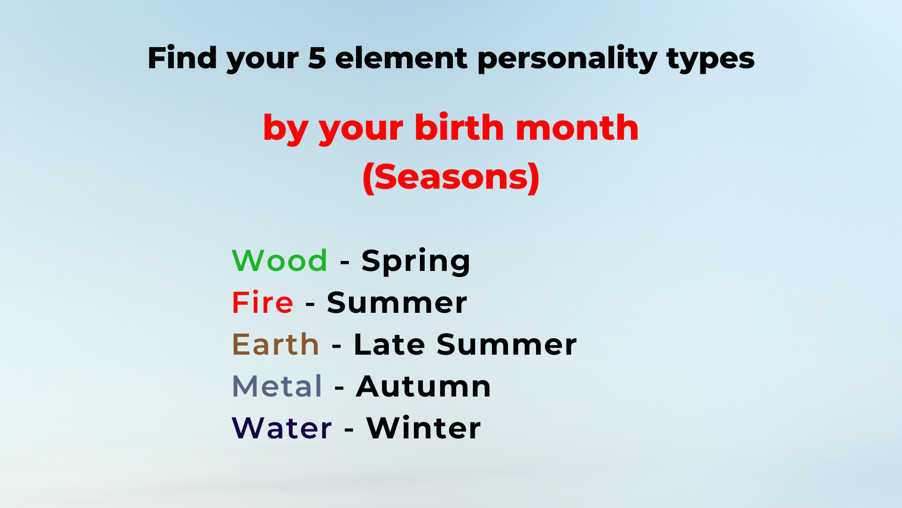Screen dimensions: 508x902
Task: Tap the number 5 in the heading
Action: [x=317, y=58]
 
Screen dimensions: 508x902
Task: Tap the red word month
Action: [x=577, y=127]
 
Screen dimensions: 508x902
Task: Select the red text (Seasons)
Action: [x=451, y=177]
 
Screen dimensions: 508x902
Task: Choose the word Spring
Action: [x=416, y=262]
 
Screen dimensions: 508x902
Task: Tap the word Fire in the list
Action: [x=263, y=302]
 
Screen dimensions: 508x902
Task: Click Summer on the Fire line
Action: [x=397, y=302]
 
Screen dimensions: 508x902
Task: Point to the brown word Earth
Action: [x=276, y=344]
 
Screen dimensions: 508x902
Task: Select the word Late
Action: [x=389, y=344]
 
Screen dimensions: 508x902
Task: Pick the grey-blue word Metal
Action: [x=277, y=386]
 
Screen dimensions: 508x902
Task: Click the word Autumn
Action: [x=423, y=386]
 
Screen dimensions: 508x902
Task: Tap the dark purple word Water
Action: [x=282, y=428]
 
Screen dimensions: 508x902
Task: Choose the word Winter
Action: [x=423, y=428]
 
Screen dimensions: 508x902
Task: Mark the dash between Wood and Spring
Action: [x=344, y=262]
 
